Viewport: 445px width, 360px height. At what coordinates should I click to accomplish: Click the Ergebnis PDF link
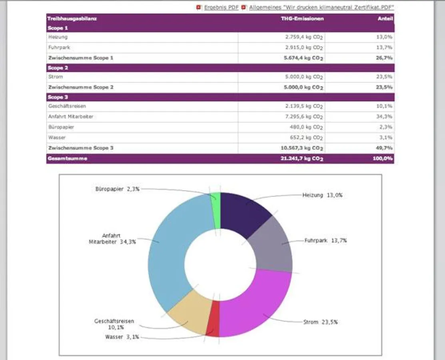tap(221, 8)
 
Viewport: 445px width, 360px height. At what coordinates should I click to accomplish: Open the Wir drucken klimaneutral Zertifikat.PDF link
tap(321, 8)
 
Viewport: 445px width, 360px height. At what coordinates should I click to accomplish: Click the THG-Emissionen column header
tap(302, 18)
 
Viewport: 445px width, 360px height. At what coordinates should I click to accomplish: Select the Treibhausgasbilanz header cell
tap(72, 18)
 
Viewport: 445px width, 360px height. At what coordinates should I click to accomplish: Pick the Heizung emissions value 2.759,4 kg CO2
tap(304, 37)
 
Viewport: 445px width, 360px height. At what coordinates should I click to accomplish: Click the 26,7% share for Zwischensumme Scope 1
tap(385, 58)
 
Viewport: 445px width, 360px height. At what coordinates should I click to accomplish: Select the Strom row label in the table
tap(55, 76)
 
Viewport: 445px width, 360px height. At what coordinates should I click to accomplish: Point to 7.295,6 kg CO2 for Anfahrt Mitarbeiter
tap(304, 117)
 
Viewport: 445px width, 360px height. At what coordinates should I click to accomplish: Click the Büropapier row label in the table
tap(61, 127)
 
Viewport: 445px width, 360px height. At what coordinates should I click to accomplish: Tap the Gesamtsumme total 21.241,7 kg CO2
tap(302, 158)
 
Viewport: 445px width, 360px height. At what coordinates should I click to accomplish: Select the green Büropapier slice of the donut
tap(216, 210)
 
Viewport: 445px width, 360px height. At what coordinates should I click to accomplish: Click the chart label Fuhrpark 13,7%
tap(325, 241)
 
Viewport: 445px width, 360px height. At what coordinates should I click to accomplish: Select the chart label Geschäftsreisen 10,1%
tap(114, 324)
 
